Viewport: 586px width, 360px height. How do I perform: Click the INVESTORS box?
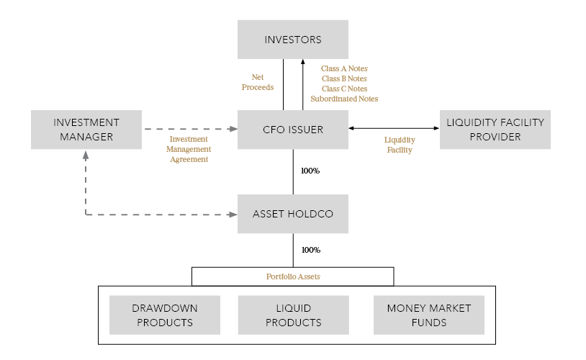(x=293, y=39)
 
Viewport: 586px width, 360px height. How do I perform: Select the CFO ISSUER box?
(x=293, y=130)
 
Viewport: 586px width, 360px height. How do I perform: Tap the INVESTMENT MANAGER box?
(x=86, y=130)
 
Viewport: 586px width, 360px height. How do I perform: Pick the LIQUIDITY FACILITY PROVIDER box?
(x=495, y=130)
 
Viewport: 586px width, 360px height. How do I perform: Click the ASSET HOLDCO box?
(x=293, y=214)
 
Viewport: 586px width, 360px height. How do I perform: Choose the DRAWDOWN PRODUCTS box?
(x=164, y=315)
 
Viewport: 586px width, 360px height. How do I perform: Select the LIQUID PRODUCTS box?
(x=293, y=315)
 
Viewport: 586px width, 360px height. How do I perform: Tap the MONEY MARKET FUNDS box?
(x=429, y=315)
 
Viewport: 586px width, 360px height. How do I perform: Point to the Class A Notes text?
(x=344, y=68)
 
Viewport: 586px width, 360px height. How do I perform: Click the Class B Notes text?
(x=344, y=78)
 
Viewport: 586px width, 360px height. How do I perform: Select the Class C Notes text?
(x=344, y=89)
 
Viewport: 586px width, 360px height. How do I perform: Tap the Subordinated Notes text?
(x=344, y=99)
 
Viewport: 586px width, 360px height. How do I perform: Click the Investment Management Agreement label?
(x=189, y=149)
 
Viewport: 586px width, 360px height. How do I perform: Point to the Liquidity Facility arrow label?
(x=400, y=145)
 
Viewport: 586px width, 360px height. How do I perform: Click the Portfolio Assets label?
(x=292, y=276)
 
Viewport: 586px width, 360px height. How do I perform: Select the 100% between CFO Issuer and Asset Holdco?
(x=310, y=171)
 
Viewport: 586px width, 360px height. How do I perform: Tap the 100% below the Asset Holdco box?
(x=310, y=250)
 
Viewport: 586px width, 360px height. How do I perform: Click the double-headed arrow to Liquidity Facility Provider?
(x=394, y=129)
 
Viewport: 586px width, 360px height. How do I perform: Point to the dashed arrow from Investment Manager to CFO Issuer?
(x=190, y=130)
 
